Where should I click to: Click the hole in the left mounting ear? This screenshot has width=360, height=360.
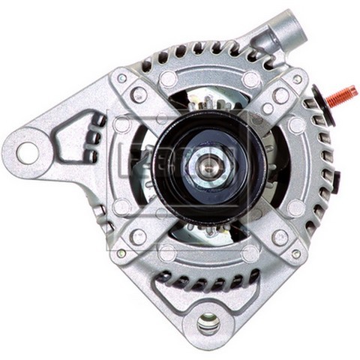click(x=26, y=154)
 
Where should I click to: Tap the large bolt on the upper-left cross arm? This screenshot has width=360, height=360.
click(x=139, y=94)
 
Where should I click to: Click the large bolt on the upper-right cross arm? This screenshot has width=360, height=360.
click(x=280, y=95)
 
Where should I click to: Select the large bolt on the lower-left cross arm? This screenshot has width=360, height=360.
click(x=138, y=236)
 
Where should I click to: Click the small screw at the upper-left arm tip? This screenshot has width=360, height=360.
click(x=121, y=77)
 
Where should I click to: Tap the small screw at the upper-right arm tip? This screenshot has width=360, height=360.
click(x=296, y=79)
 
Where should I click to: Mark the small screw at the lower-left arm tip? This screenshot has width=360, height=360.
click(x=121, y=253)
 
